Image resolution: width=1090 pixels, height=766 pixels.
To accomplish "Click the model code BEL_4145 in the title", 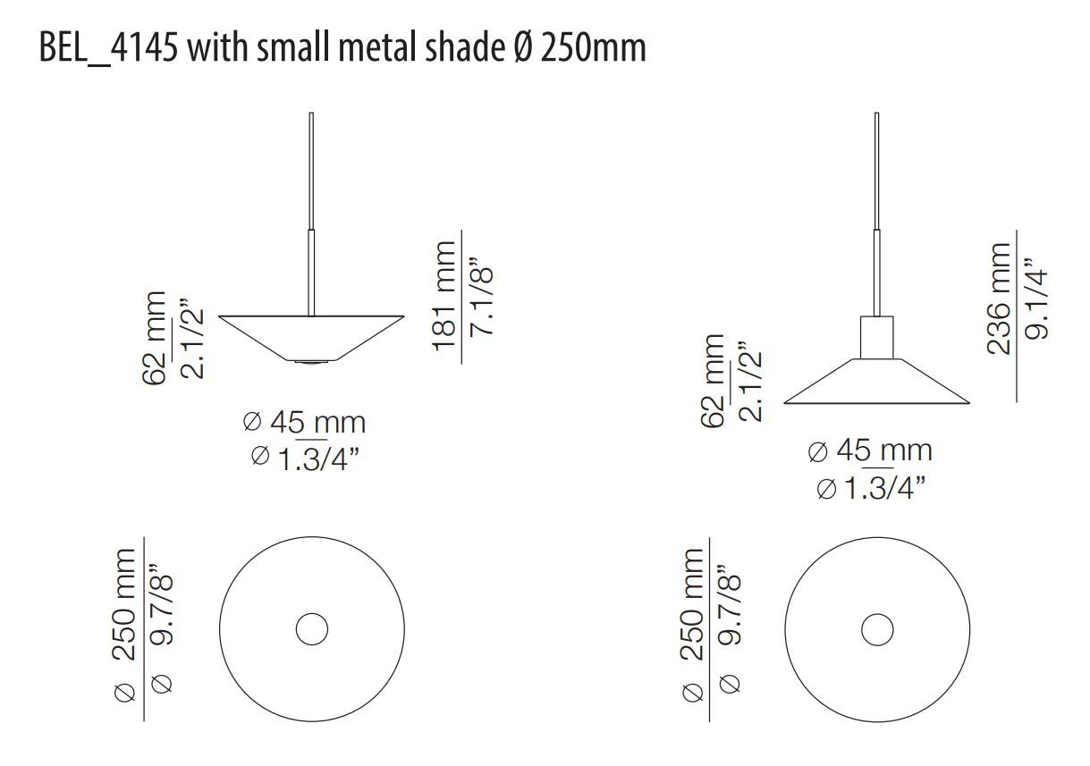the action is [108, 48].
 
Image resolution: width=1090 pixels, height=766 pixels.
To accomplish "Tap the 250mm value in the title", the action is [593, 47].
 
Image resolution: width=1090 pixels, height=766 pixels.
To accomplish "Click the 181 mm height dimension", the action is [444, 296].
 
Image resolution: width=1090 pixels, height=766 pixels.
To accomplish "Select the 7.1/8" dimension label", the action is [481, 296].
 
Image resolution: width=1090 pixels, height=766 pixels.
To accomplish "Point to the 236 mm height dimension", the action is [998, 298].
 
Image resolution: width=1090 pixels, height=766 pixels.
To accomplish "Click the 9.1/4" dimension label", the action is [1035, 299].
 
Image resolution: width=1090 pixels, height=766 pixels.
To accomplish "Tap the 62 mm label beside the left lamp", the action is [154, 338].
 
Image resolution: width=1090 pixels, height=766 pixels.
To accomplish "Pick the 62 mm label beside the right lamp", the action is [713, 381].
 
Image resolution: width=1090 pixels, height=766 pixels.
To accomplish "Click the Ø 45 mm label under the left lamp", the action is [304, 422].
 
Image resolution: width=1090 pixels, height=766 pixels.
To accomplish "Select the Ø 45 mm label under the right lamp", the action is [870, 450].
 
